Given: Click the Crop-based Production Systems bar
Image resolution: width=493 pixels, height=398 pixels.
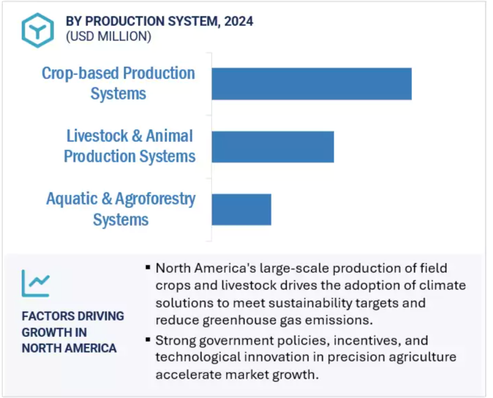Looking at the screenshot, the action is (311, 84).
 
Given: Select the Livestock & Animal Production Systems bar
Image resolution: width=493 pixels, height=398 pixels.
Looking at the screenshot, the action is (273, 146).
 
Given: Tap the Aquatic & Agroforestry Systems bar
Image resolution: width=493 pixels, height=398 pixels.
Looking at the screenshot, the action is (242, 210).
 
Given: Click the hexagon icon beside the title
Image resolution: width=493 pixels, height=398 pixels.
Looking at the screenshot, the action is (38, 30).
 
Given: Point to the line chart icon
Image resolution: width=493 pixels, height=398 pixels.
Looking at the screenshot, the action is (36, 283).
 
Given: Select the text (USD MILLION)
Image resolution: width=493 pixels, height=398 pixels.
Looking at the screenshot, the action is (108, 36).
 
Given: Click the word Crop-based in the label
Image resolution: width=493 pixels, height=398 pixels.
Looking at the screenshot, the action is (80, 74).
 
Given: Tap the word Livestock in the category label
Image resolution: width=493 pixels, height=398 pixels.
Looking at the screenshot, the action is (97, 136).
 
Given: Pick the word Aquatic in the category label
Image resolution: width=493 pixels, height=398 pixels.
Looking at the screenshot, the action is (72, 199).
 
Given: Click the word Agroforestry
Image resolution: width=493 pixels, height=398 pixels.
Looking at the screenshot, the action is (155, 200).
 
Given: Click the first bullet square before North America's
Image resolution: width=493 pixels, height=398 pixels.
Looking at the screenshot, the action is (148, 267).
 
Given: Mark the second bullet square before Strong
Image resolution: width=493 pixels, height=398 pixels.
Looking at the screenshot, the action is (148, 340).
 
